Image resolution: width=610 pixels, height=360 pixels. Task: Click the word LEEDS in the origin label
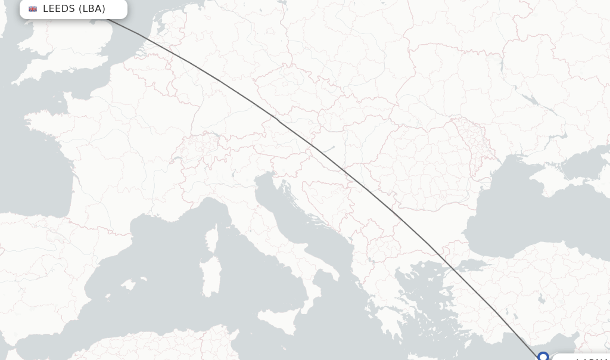pos(59,8)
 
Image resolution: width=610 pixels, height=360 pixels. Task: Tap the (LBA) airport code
pos(92,8)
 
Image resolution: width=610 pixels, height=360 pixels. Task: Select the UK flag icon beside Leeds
pos(33,9)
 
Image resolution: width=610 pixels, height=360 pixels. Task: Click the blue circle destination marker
pos(543,356)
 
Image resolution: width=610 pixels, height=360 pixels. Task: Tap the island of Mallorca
pos(127,285)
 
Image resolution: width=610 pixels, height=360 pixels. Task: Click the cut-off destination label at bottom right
pos(584,358)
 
